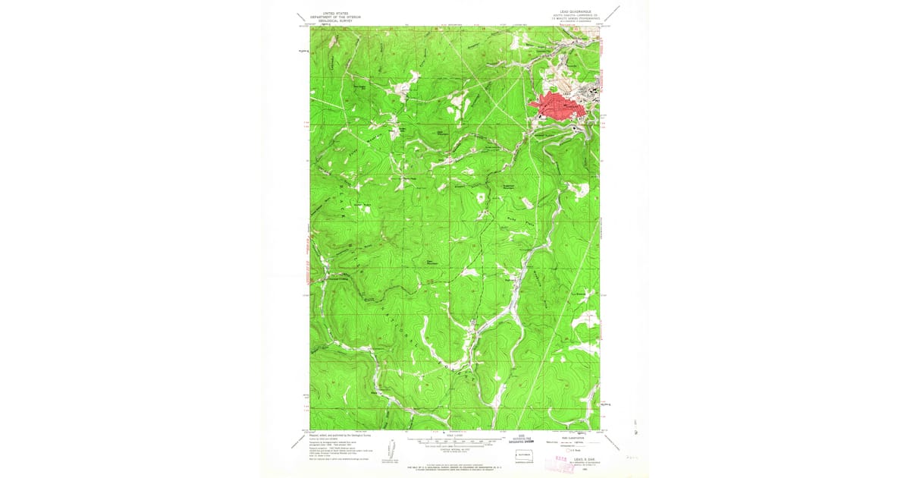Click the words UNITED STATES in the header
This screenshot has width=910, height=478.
pyautogui.click(x=337, y=14)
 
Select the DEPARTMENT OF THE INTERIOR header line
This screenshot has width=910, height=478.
pyautogui.click(x=337, y=17)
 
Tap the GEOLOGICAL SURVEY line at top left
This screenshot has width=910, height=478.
pyautogui.click(x=337, y=21)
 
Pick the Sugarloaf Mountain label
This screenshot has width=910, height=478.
pyautogui.click(x=509, y=186)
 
